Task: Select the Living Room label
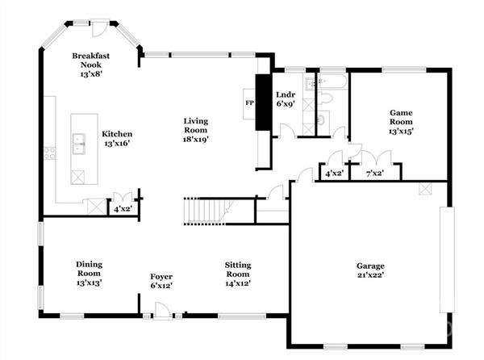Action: (194, 130)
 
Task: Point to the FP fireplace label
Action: (249, 103)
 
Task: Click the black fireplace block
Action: (261, 102)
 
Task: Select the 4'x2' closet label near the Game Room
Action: (333, 173)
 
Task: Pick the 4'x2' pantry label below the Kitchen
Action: (123, 209)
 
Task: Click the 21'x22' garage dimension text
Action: (371, 277)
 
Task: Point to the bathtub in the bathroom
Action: (332, 82)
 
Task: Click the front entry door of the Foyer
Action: (162, 311)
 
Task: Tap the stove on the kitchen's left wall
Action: (50, 152)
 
